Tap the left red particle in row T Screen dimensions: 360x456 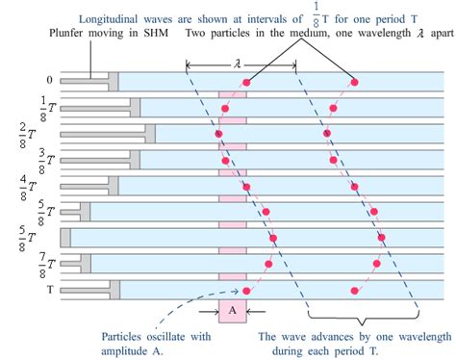[x=247, y=290]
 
